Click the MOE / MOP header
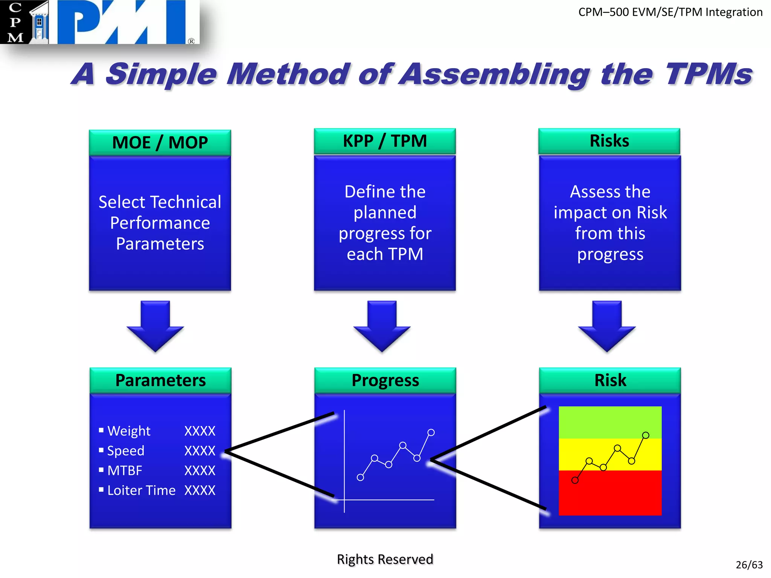[160, 143]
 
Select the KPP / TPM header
[385, 141]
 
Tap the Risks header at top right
[609, 141]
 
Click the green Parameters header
[160, 380]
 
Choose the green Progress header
[385, 380]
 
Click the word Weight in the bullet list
[129, 431]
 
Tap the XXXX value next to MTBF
[200, 470]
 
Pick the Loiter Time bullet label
[141, 490]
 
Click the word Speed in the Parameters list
[126, 451]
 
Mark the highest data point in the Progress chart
[431, 432]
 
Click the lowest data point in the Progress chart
[360, 478]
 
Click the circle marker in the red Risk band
[575, 480]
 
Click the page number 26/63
[749, 565]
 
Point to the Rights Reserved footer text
[385, 559]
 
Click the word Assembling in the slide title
[494, 74]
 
